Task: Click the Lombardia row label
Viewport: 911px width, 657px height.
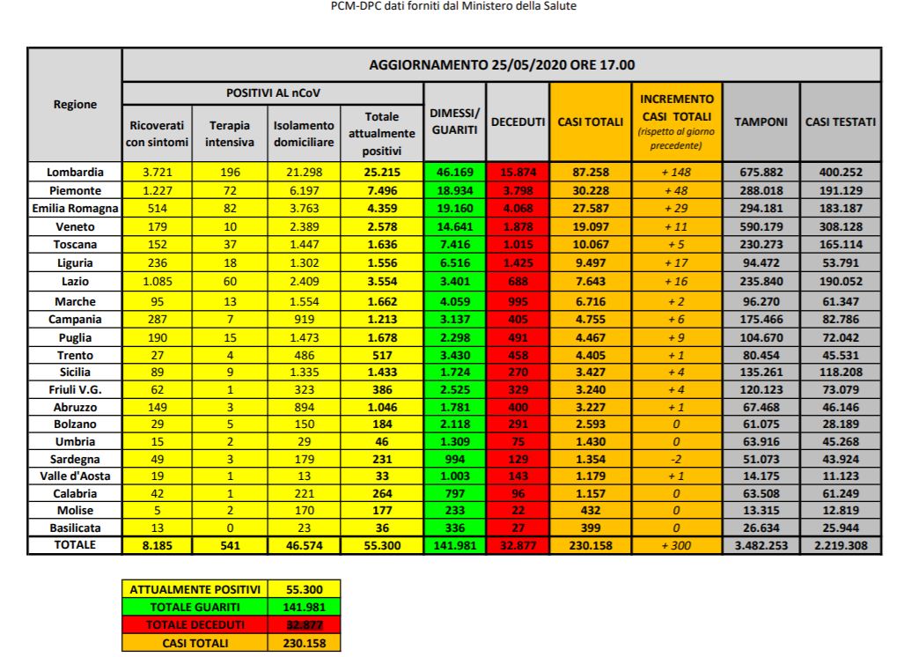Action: (x=76, y=172)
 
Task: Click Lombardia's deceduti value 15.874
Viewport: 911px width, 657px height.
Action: (x=518, y=172)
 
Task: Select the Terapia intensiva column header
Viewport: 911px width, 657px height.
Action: (x=223, y=132)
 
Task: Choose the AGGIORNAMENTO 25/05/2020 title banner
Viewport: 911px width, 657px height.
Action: (x=502, y=64)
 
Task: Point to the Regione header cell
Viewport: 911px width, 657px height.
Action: (x=76, y=104)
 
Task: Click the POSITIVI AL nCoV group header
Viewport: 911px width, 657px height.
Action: (x=274, y=92)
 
